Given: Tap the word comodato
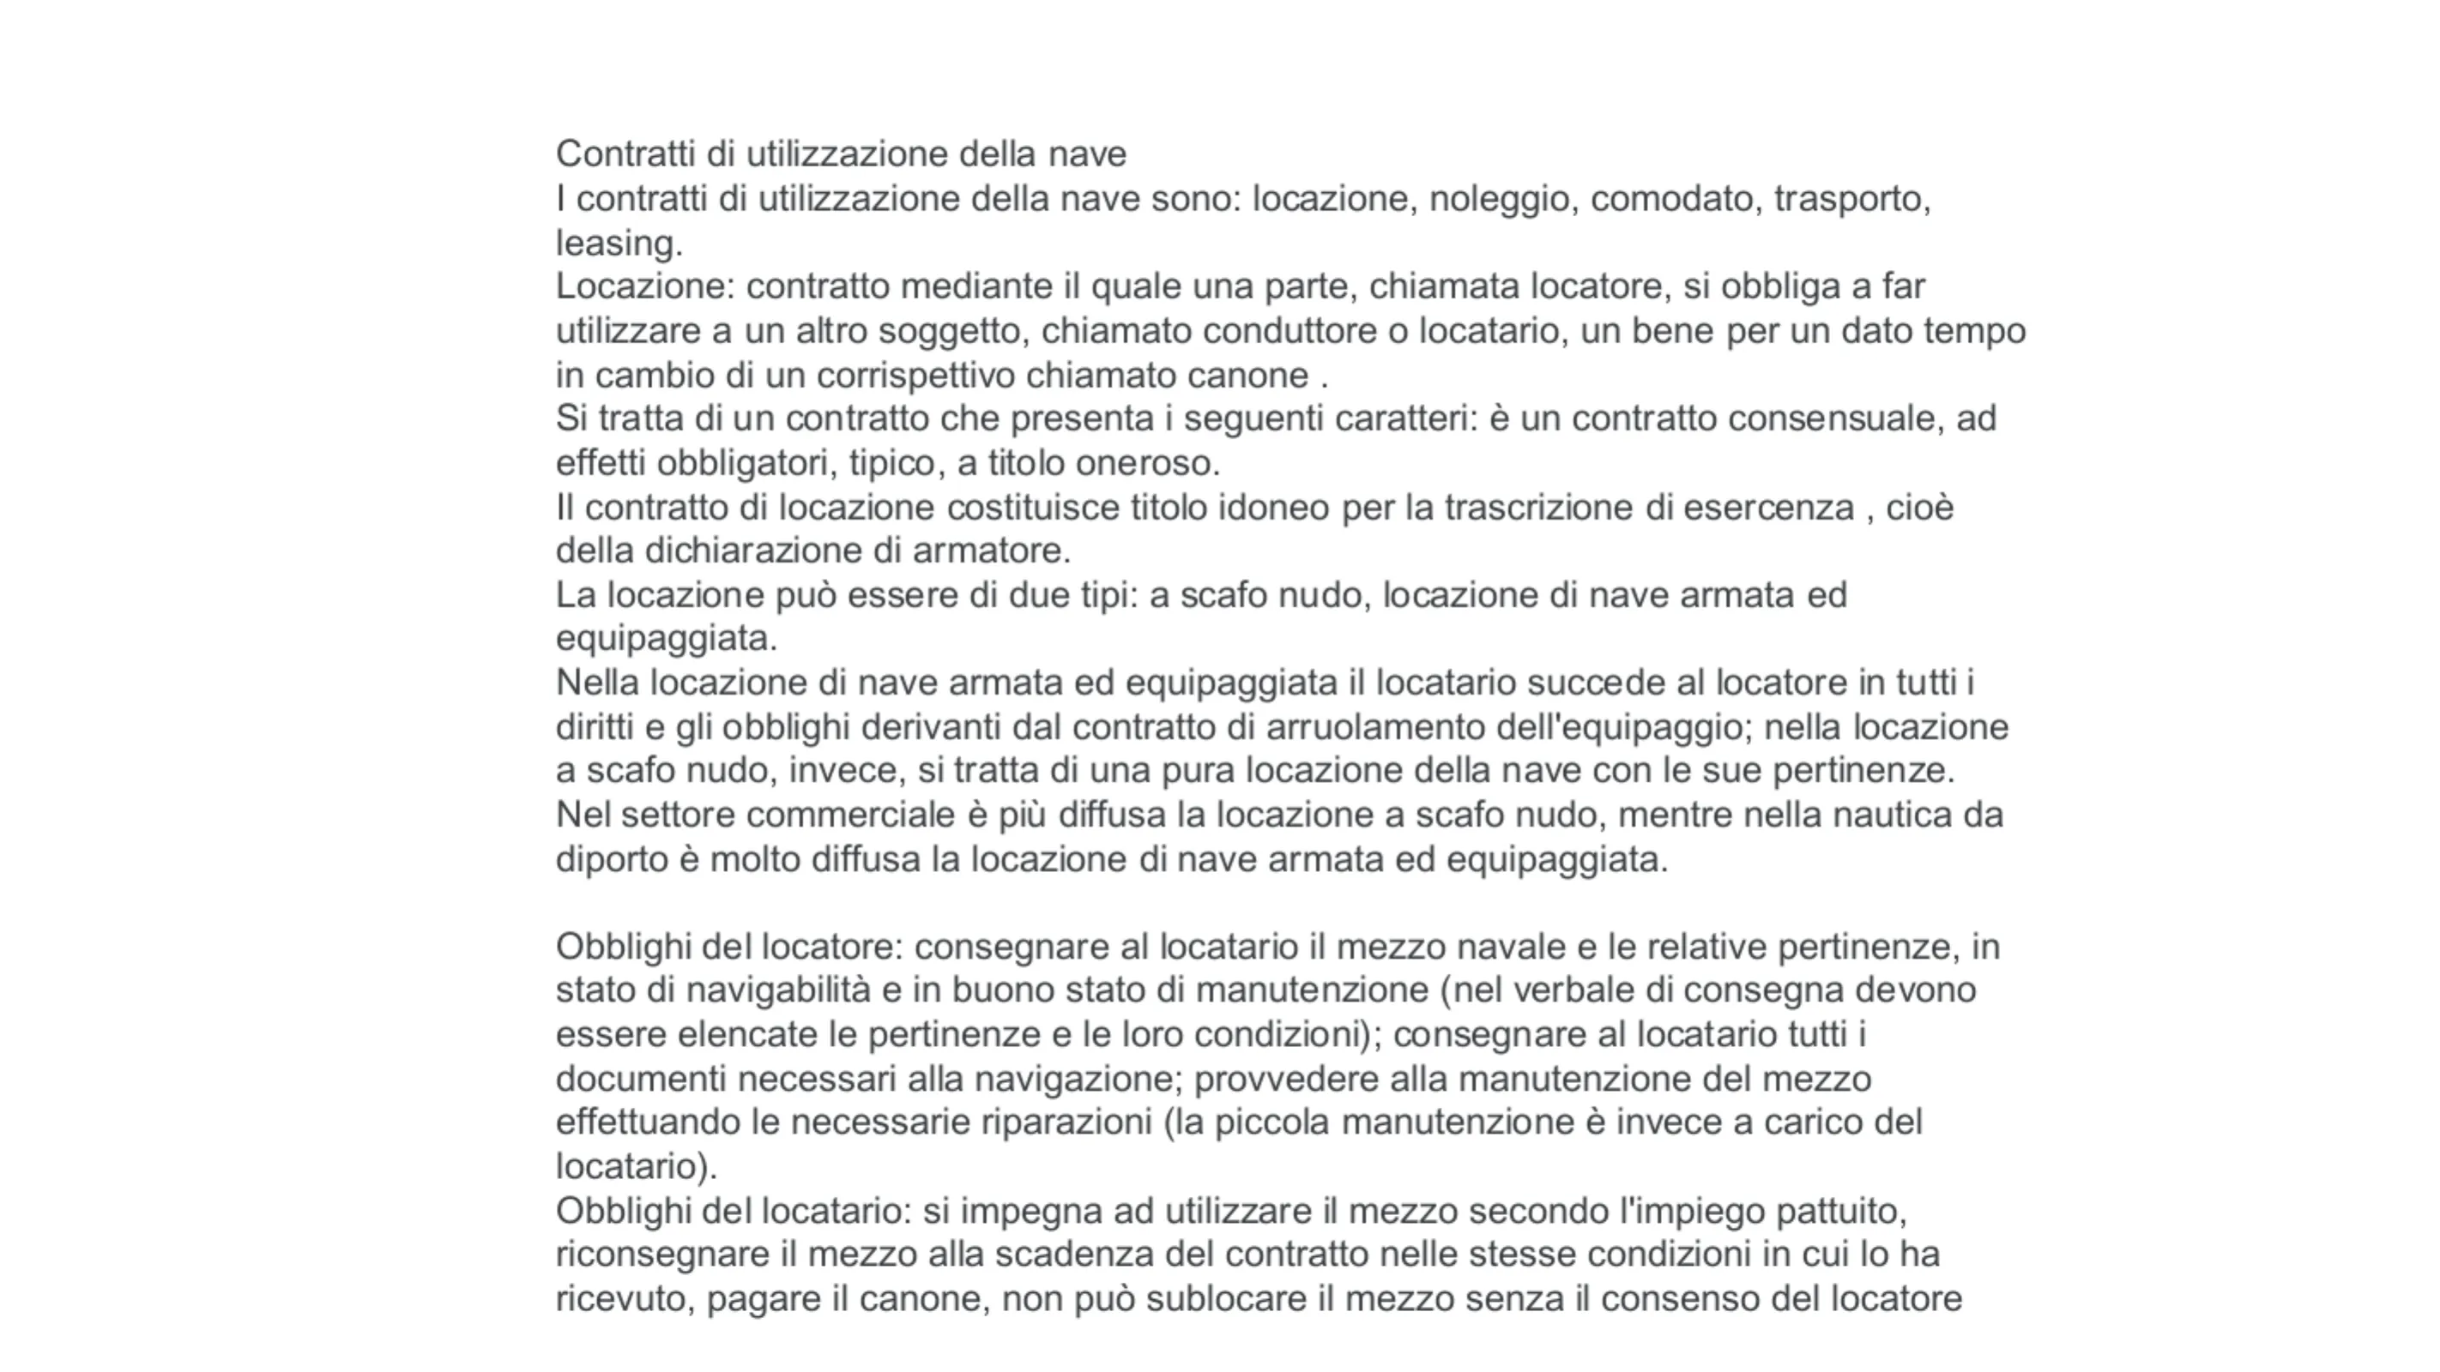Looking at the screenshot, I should (1672, 199).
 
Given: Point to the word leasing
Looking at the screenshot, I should (618, 244).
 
